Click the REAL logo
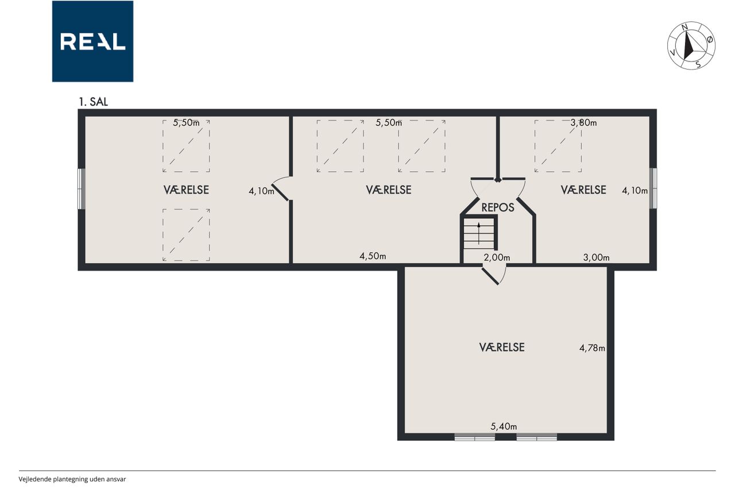pyautogui.click(x=92, y=41)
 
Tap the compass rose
pyautogui.click(x=691, y=45)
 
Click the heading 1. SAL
pyautogui.click(x=93, y=102)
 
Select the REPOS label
pyautogui.click(x=498, y=207)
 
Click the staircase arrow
pyautogui.click(x=479, y=233)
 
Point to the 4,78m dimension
pyautogui.click(x=592, y=348)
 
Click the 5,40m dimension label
pyautogui.click(x=504, y=426)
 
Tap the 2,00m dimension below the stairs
pyautogui.click(x=497, y=257)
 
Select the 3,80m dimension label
pyautogui.click(x=583, y=123)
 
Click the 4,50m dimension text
pyautogui.click(x=373, y=256)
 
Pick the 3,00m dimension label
pyautogui.click(x=596, y=257)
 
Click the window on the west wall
pyautogui.click(x=82, y=189)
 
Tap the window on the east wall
pyautogui.click(x=653, y=188)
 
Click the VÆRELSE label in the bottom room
pyautogui.click(x=502, y=348)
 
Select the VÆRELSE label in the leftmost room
pyautogui.click(x=186, y=190)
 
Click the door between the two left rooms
pyautogui.click(x=281, y=189)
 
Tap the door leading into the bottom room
pyautogui.click(x=494, y=275)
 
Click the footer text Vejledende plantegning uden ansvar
pyautogui.click(x=72, y=479)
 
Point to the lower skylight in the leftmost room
pyautogui.click(x=186, y=235)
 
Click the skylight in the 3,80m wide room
pyautogui.click(x=558, y=146)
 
